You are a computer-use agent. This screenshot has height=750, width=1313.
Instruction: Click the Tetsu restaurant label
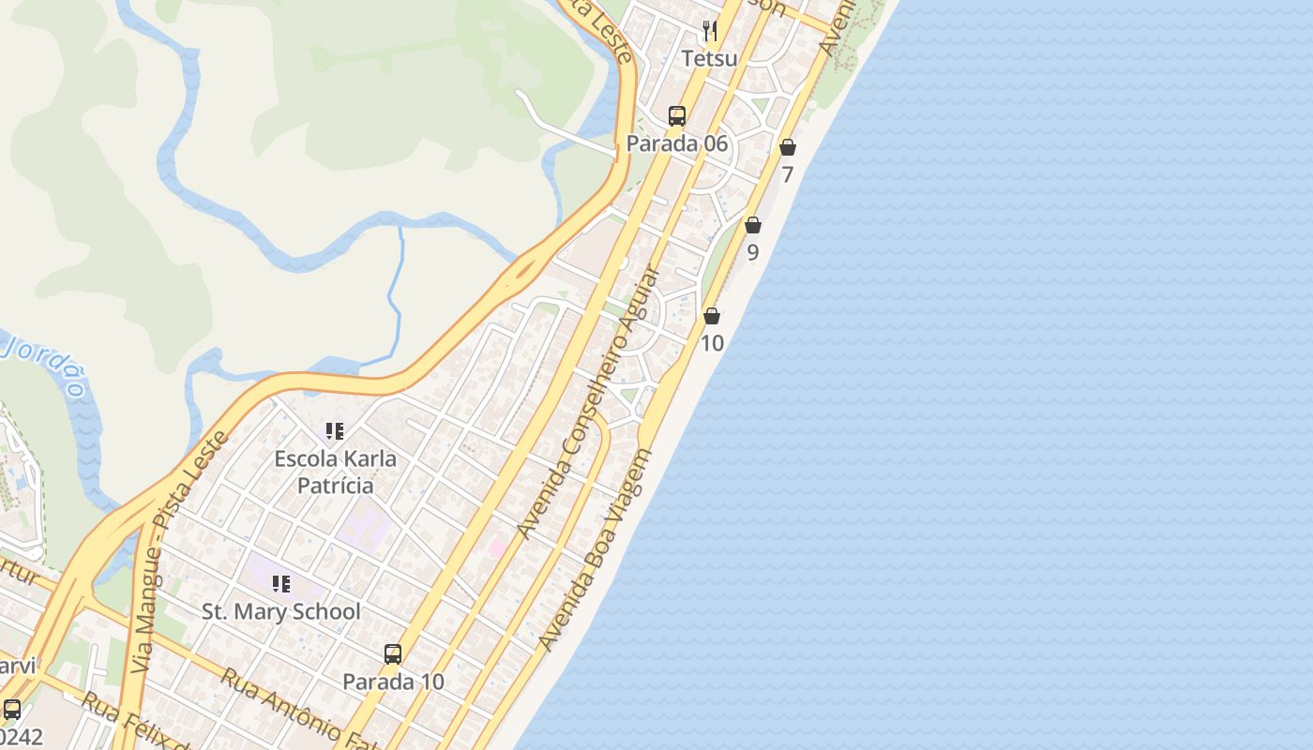tap(709, 58)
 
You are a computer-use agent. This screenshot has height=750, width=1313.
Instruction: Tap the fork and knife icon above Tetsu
tap(710, 31)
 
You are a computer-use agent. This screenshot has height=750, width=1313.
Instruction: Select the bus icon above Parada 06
tap(677, 116)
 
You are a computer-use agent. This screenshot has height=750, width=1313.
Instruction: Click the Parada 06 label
tap(677, 143)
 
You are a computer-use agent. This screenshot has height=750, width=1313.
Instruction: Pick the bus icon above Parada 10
tap(393, 654)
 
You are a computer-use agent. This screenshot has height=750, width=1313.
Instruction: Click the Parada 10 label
tap(393, 682)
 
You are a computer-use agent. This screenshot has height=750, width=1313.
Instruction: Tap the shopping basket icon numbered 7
tap(788, 147)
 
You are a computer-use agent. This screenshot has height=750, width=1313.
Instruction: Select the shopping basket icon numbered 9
tap(753, 225)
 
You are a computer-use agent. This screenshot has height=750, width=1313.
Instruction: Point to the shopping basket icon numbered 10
tap(712, 316)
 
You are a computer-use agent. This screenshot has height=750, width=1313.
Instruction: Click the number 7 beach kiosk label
tap(788, 174)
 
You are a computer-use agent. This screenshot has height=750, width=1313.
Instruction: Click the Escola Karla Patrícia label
tap(335, 472)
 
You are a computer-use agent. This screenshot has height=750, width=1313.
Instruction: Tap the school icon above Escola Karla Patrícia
tap(335, 431)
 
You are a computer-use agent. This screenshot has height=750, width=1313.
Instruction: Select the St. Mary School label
tap(281, 612)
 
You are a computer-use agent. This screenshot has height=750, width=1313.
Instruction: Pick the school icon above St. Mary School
tap(281, 584)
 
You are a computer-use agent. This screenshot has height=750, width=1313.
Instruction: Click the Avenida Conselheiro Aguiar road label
tap(589, 403)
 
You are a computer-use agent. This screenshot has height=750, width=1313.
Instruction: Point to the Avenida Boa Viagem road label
tap(595, 550)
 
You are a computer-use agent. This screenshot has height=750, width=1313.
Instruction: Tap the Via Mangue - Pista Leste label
tap(181, 553)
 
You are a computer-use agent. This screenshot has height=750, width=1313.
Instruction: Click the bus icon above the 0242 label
tap(12, 710)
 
